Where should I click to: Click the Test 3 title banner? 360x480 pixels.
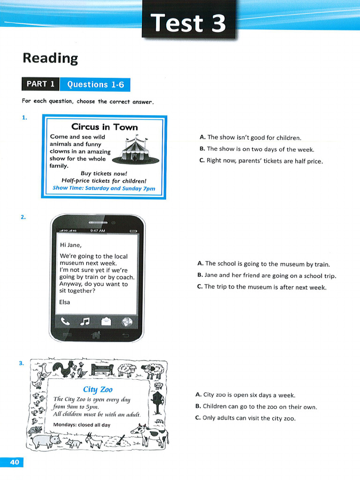189,22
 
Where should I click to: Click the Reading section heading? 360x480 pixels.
50,58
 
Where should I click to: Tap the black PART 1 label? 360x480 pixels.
40,84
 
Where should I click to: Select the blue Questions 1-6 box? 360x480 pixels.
95,84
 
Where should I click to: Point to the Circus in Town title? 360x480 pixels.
105,127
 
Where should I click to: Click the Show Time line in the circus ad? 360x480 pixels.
104,188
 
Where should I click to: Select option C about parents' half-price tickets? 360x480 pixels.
261,161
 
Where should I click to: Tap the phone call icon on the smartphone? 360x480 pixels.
65,322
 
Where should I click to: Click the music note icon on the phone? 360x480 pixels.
85,322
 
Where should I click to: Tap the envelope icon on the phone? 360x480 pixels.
106,322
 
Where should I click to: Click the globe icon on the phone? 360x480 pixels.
127,322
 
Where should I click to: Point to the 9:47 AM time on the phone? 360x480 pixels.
97,231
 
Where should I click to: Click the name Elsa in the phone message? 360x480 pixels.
65,302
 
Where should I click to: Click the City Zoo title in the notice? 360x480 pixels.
97,390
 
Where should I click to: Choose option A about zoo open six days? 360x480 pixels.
246,395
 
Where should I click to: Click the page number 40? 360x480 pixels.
14,462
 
